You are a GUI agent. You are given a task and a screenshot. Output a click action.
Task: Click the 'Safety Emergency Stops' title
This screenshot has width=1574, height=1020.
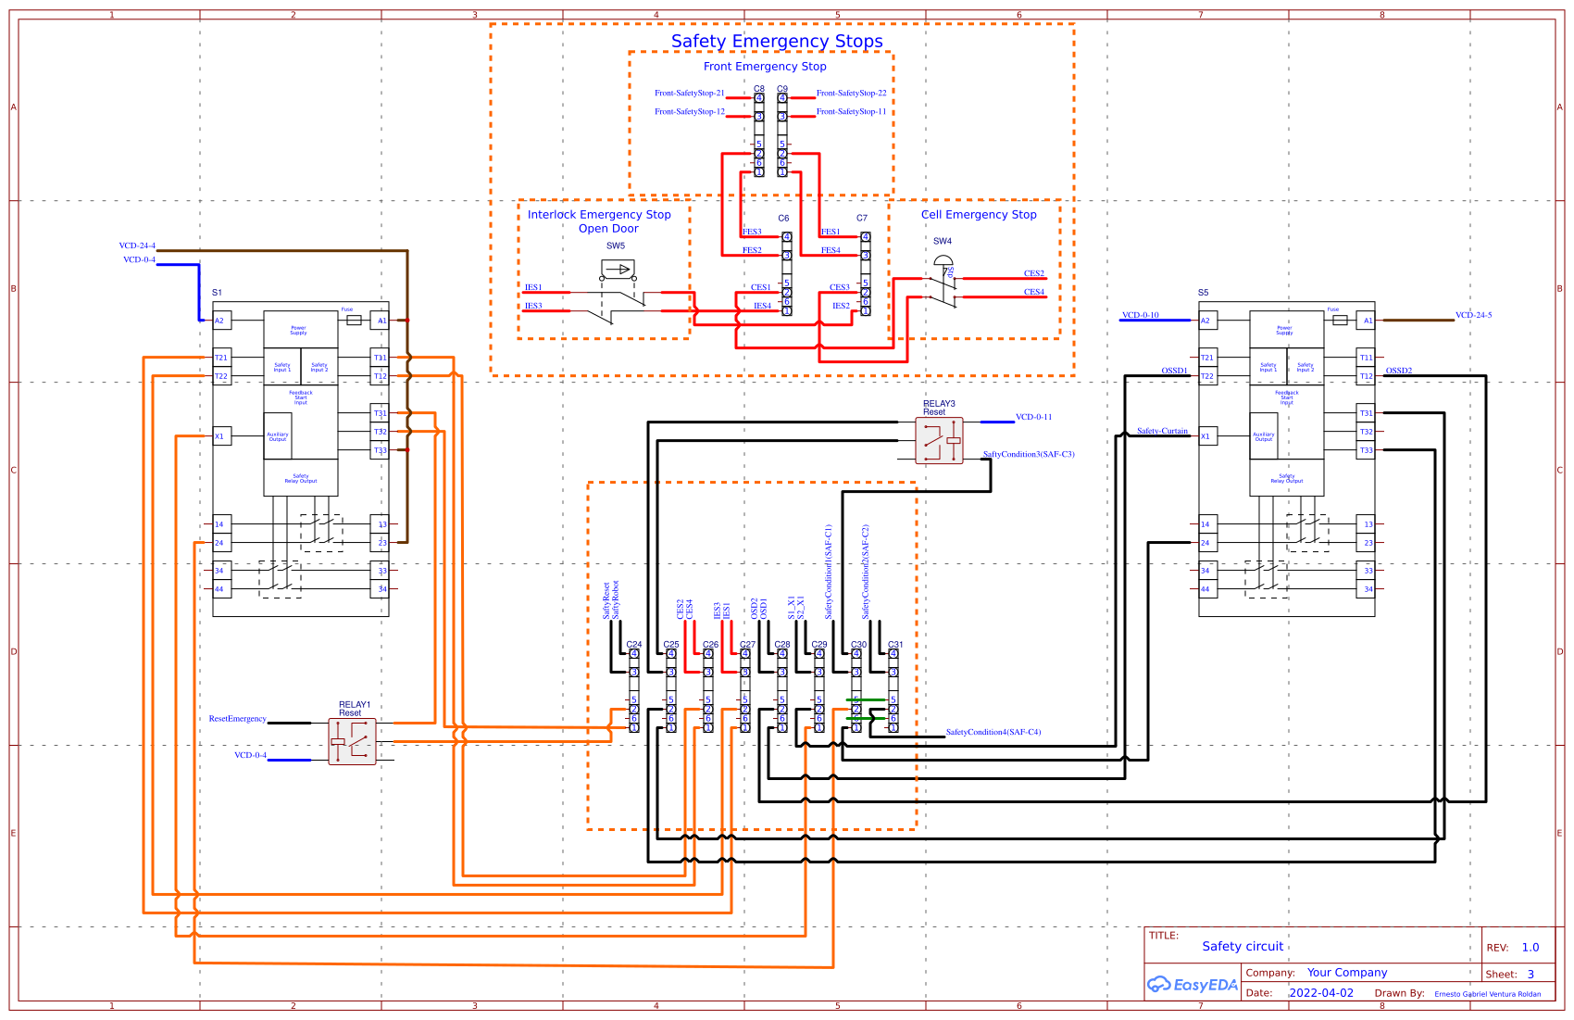click(x=777, y=42)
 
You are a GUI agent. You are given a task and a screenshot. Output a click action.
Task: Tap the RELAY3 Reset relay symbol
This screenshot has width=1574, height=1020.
click(x=939, y=440)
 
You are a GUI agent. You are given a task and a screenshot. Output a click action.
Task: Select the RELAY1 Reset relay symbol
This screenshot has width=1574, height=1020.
click(x=352, y=741)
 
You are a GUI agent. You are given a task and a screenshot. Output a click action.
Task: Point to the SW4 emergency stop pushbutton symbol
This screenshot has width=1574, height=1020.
click(x=943, y=283)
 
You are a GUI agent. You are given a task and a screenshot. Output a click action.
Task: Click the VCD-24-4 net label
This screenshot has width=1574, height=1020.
click(x=137, y=246)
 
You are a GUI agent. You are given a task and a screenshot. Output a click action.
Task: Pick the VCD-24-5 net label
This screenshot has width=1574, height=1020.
click(x=1473, y=315)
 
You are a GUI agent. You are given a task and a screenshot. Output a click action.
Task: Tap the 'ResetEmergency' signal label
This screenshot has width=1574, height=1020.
click(x=237, y=719)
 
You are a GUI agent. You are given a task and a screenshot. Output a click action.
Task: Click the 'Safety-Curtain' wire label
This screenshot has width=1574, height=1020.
click(x=1162, y=431)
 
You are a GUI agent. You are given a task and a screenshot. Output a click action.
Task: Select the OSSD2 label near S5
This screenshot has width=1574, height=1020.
click(x=1398, y=371)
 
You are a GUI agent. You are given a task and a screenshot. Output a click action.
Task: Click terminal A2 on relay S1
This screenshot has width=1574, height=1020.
click(x=220, y=321)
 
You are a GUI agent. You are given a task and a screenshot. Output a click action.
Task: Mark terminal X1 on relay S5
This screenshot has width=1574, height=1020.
click(x=1205, y=436)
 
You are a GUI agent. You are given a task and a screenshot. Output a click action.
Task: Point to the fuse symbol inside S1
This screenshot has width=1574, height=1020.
click(x=354, y=320)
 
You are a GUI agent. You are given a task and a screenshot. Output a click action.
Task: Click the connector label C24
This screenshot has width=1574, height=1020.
click(x=634, y=644)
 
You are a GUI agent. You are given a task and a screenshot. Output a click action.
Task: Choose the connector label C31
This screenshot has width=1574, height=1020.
click(x=895, y=644)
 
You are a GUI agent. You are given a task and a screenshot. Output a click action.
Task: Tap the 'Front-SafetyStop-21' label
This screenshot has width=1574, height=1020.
click(x=689, y=93)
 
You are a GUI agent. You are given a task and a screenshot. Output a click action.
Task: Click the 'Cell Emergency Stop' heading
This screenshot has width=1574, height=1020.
click(x=979, y=214)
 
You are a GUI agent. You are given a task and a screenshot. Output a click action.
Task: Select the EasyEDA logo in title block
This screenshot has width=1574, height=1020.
click(x=1192, y=985)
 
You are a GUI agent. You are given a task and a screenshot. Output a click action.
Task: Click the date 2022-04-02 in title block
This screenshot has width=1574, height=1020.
click(x=1321, y=993)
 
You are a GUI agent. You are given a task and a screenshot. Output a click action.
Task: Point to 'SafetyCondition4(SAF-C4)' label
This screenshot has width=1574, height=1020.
click(x=993, y=732)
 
